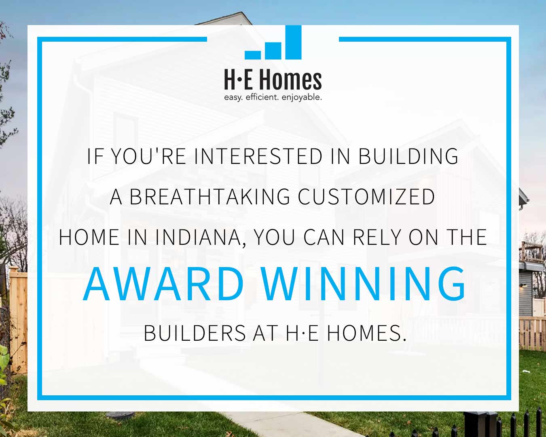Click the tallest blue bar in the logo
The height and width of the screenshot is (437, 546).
[x=293, y=42]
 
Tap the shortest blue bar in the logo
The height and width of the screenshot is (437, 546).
[x=253, y=55]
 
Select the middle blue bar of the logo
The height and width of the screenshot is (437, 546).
[x=273, y=51]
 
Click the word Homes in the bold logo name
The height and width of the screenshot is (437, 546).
[x=290, y=80]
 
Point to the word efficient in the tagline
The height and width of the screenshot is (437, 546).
[x=262, y=97]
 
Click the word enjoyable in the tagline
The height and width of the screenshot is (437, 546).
[x=302, y=97]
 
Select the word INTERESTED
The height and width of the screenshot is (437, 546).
[x=258, y=156]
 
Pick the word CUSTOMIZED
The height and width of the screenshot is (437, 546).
[x=366, y=197]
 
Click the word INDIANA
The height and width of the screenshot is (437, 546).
[x=198, y=237]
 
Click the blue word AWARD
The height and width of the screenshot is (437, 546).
[x=163, y=284]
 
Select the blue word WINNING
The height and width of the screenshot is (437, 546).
[x=364, y=284]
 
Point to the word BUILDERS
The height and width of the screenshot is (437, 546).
[x=195, y=333]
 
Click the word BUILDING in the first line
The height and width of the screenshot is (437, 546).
[x=408, y=156]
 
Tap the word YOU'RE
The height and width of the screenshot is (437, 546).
[x=148, y=156]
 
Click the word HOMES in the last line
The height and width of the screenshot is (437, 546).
[x=366, y=333]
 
